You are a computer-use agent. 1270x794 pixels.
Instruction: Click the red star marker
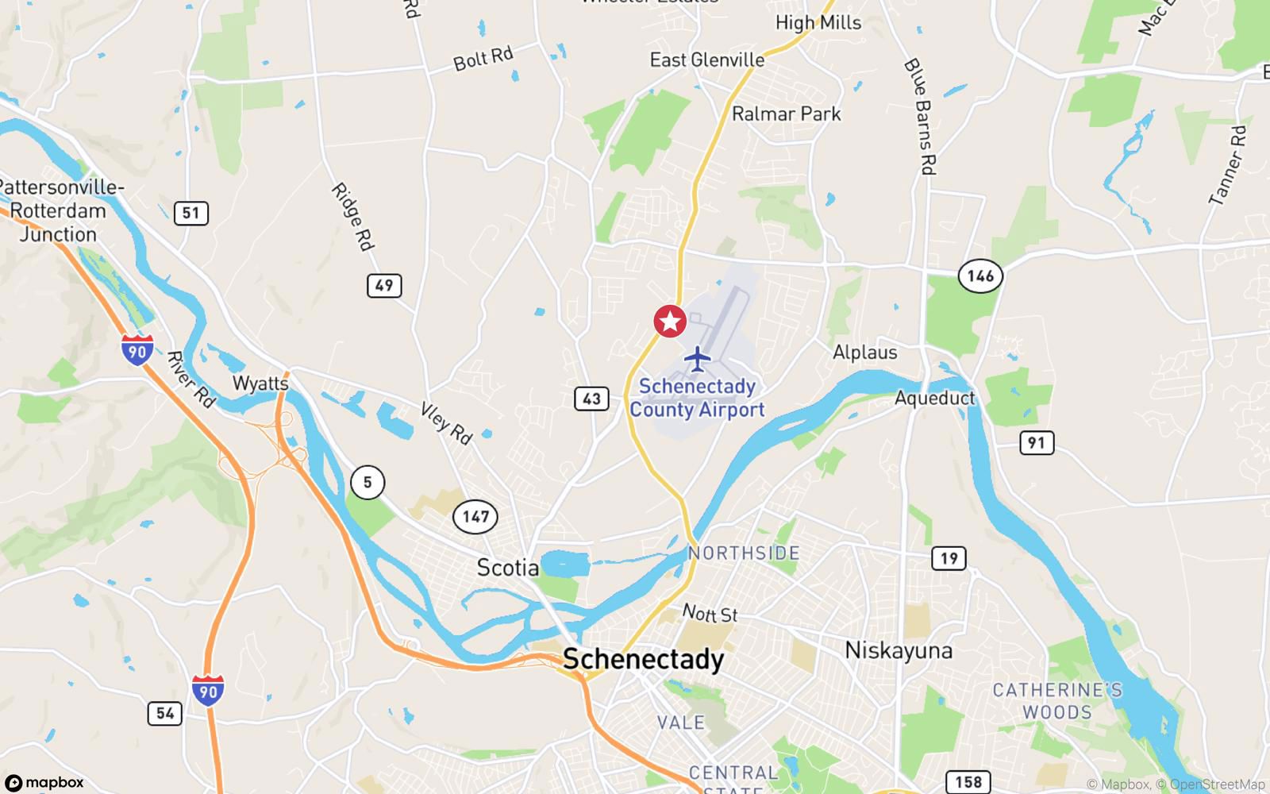pyautogui.click(x=670, y=322)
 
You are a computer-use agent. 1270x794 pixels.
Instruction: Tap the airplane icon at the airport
pyautogui.click(x=698, y=358)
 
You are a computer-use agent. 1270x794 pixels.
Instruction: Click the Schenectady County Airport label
pyautogui.click(x=697, y=398)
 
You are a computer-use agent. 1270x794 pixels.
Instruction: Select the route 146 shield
pyautogui.click(x=980, y=276)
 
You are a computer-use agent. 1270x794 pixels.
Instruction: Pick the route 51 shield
pyautogui.click(x=190, y=213)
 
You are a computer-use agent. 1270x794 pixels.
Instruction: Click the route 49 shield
pyautogui.click(x=384, y=285)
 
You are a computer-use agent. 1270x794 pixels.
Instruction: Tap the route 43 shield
pyautogui.click(x=591, y=399)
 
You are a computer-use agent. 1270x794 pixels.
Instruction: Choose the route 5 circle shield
pyautogui.click(x=368, y=482)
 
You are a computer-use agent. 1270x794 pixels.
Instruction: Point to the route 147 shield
pyautogui.click(x=475, y=517)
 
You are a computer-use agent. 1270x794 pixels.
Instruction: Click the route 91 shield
pyautogui.click(x=1037, y=442)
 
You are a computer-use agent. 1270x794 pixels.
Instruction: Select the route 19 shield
pyautogui.click(x=949, y=558)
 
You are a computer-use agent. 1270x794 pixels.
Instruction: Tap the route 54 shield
pyautogui.click(x=165, y=713)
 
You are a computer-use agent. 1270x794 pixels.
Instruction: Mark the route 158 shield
pyautogui.click(x=968, y=782)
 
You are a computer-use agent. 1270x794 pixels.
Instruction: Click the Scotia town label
pyautogui.click(x=508, y=568)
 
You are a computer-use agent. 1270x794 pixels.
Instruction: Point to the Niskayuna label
pyautogui.click(x=899, y=650)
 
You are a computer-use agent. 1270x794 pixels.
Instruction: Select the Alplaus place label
pyautogui.click(x=865, y=353)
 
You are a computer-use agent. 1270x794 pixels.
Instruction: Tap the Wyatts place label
pyautogui.click(x=260, y=384)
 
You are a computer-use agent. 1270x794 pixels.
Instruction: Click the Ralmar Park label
pyautogui.click(x=786, y=114)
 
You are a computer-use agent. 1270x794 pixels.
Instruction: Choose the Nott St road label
pyautogui.click(x=710, y=614)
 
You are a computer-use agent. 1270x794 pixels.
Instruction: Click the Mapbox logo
pyautogui.click(x=44, y=782)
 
